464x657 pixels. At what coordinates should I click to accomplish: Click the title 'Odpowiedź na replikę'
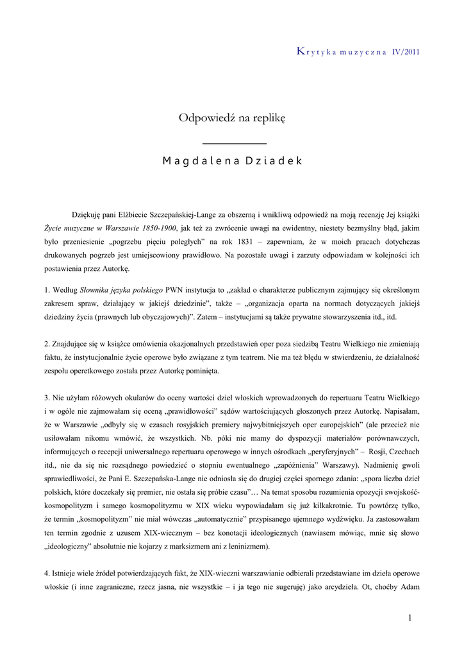point(232,119)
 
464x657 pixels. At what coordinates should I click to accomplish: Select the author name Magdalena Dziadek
point(232,161)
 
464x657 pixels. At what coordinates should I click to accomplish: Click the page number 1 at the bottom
point(409,618)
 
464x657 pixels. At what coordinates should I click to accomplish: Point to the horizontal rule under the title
point(233,142)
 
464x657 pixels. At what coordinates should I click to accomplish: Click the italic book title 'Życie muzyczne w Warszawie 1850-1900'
point(112,228)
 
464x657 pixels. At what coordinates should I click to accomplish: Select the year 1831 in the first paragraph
point(255,242)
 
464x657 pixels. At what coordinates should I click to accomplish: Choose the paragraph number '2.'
point(47,343)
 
